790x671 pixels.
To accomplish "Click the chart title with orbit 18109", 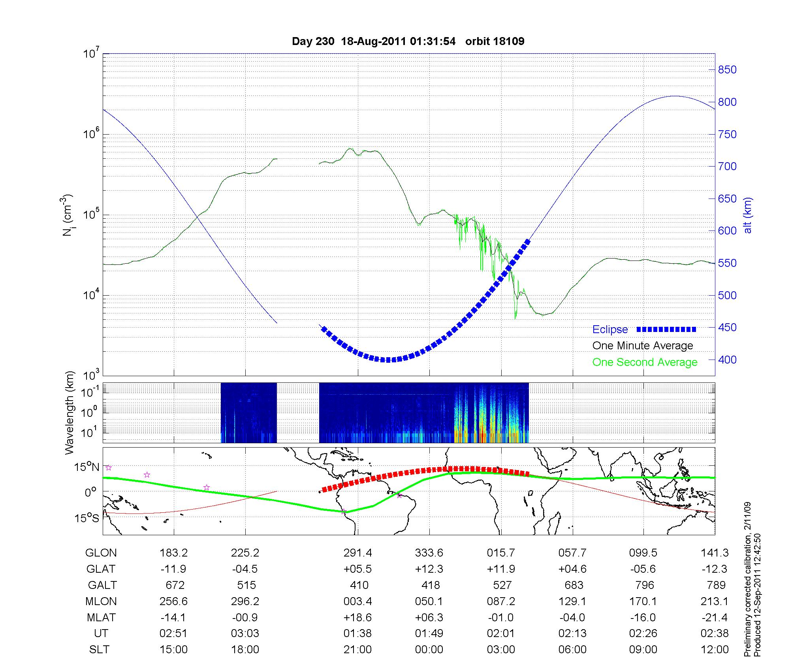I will (408, 41).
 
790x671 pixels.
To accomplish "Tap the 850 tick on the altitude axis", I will (727, 70).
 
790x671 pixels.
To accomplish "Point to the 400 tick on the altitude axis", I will (727, 360).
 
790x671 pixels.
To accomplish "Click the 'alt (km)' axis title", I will (747, 215).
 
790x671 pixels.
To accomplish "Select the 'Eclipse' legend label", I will (610, 330).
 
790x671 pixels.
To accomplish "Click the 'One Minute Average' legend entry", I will (643, 346).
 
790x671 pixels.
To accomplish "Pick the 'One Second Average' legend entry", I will (645, 362).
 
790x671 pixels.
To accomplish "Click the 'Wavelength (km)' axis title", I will (70, 412).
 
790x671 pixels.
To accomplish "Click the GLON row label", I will (101, 553).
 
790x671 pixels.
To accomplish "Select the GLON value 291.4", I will (357, 553).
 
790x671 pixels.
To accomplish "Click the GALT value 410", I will (359, 585).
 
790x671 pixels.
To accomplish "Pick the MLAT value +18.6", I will (357, 617).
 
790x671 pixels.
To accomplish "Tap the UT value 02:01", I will (501, 634).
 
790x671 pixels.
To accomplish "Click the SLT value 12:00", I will (715, 650).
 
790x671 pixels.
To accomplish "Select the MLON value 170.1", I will (643, 602).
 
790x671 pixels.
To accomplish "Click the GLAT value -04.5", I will (245, 569).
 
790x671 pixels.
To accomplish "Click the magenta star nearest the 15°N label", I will (109, 468).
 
